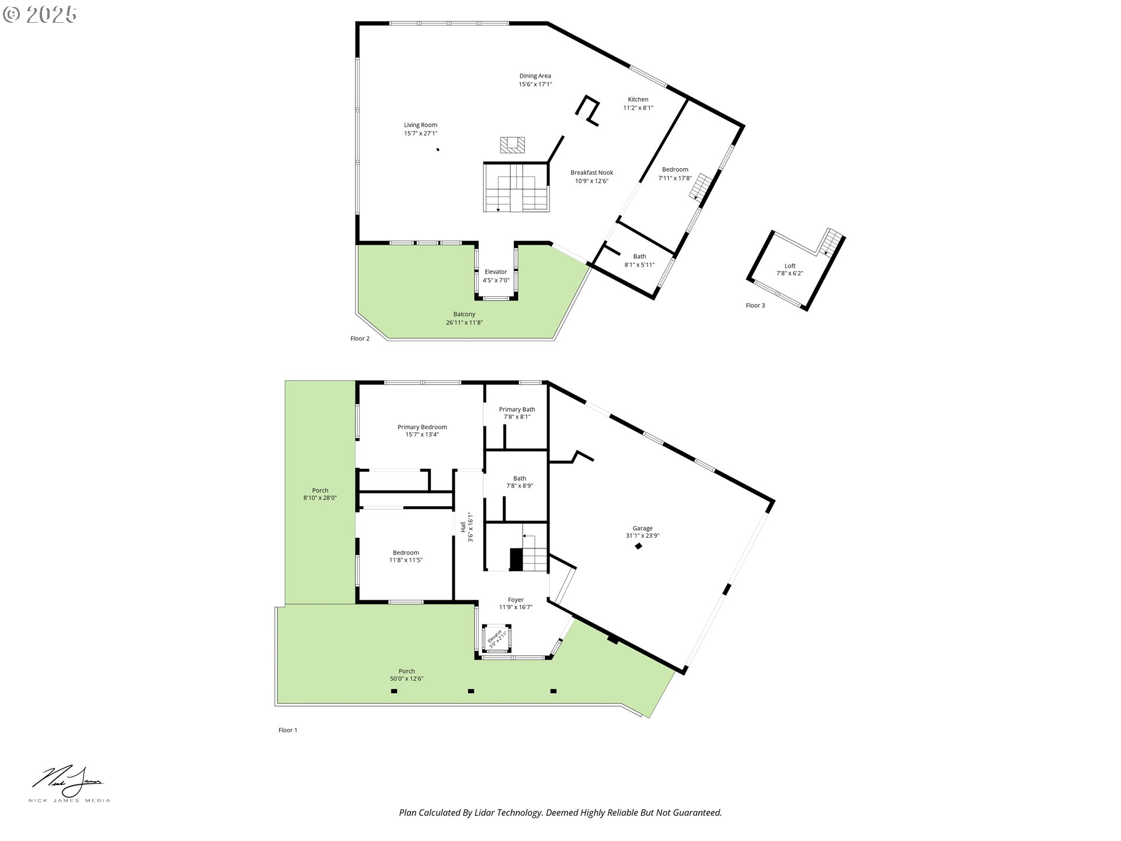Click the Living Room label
tap(420, 125)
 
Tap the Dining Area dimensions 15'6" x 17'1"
tap(535, 84)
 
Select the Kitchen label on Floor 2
tap(638, 99)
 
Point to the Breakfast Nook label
tap(591, 172)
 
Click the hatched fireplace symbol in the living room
tap(512, 145)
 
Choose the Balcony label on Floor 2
tap(464, 314)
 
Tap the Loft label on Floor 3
tap(790, 266)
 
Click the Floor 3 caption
tap(755, 305)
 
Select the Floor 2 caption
tap(360, 339)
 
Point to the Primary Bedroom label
tap(422, 427)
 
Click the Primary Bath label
tap(517, 409)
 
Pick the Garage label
tap(642, 528)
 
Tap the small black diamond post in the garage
tap(639, 546)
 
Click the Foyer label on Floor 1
tap(516, 600)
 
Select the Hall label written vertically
tap(463, 527)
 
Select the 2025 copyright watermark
tap(40, 15)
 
